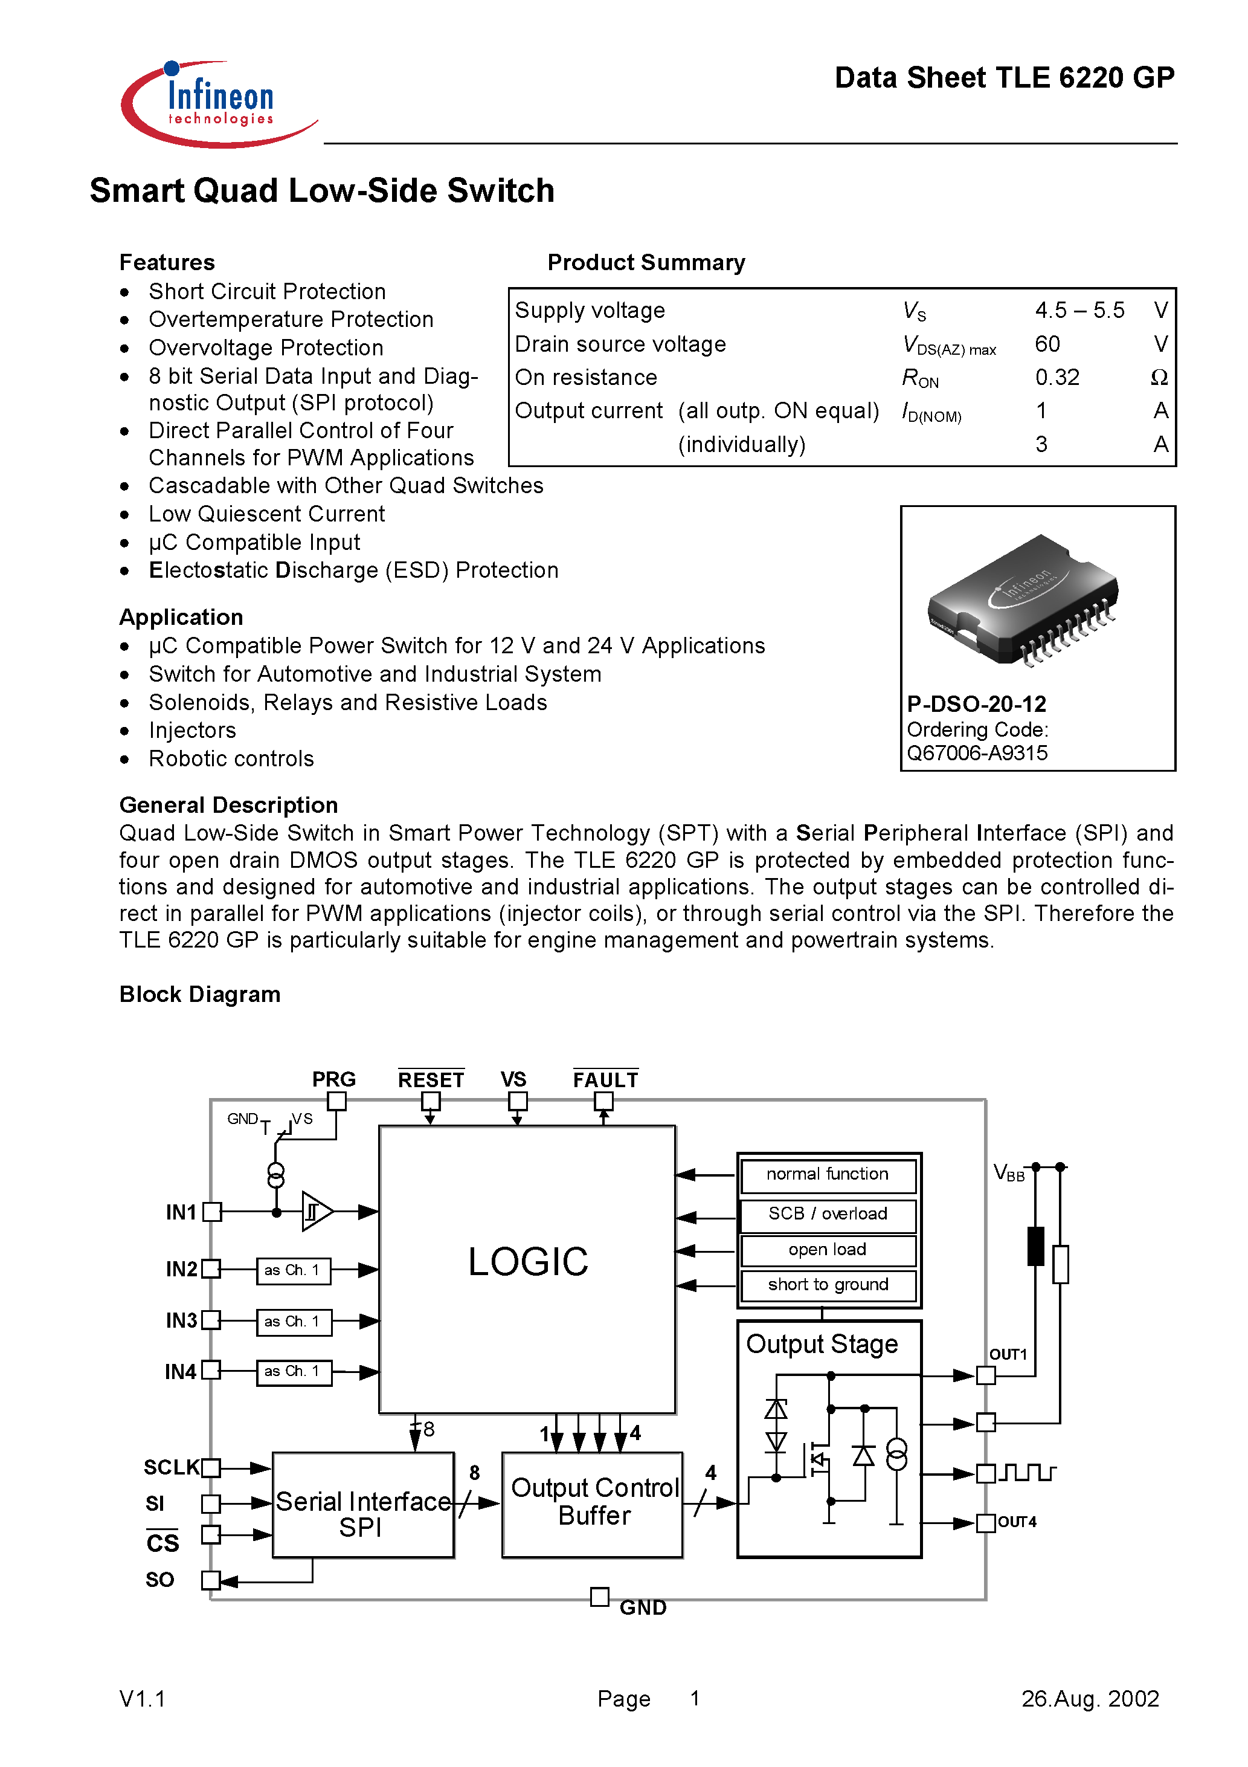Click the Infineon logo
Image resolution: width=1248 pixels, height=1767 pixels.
219,104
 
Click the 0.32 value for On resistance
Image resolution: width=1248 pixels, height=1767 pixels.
1057,377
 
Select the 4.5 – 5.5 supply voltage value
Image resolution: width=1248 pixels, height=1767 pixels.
1079,310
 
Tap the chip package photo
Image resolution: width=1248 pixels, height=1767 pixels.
1023,600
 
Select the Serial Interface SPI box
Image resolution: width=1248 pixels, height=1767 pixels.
363,1505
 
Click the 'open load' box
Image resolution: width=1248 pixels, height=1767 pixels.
827,1250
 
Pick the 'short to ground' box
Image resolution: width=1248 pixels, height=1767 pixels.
827,1285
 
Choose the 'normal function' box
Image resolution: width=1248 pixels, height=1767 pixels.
827,1174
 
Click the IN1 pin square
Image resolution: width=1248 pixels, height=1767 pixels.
211,1212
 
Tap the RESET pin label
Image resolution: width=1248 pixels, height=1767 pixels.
430,1080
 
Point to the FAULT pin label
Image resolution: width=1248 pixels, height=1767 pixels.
605,1080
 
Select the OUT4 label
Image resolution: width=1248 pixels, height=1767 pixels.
1017,1522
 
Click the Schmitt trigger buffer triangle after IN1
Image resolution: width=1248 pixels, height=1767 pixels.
315,1212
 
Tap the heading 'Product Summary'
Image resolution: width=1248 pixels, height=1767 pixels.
646,262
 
